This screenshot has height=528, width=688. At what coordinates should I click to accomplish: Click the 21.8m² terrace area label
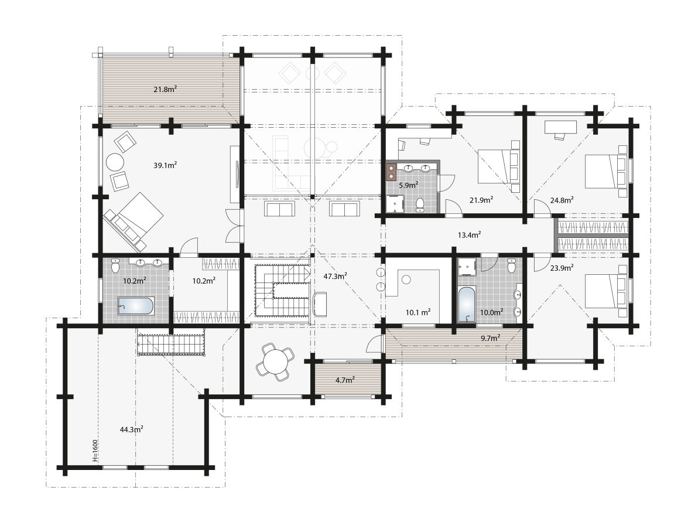[165, 89]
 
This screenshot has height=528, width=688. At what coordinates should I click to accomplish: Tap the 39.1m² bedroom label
[165, 165]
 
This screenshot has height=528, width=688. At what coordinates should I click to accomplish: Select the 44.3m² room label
[131, 429]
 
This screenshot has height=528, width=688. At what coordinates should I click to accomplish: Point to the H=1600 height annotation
[95, 451]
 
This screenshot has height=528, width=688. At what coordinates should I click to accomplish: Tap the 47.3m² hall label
[336, 275]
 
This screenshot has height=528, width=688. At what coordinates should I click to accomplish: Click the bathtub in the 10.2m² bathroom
[136, 305]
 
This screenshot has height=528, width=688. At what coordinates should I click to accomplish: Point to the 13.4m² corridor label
[469, 234]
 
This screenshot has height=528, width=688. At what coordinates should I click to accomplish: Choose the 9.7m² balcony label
[490, 338]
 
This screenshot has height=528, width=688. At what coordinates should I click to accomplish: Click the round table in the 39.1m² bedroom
[115, 162]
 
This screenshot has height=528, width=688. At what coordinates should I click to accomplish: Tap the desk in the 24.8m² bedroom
[560, 126]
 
